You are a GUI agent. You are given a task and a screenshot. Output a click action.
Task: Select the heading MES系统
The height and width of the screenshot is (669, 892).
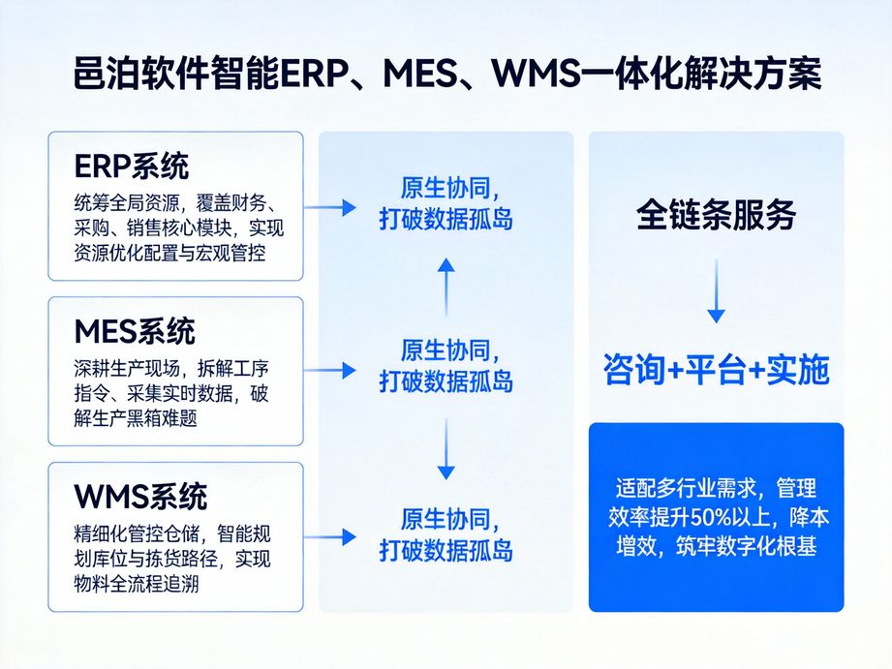click(135, 332)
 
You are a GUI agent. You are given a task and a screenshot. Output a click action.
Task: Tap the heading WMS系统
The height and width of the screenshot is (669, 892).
click(140, 498)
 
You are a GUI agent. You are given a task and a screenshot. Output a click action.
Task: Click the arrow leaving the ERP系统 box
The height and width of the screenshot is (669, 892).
click(330, 206)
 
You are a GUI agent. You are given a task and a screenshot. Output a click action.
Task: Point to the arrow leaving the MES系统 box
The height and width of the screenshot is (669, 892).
click(330, 371)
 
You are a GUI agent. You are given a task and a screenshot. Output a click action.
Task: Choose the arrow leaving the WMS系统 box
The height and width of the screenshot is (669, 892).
click(330, 536)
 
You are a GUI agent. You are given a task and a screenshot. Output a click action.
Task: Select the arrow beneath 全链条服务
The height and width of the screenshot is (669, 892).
click(716, 290)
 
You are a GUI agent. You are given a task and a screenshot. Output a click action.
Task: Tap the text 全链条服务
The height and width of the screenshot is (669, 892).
click(716, 215)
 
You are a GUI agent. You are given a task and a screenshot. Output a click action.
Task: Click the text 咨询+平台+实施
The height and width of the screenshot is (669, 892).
click(716, 371)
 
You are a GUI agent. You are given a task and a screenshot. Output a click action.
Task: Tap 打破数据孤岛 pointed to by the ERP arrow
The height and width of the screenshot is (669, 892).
click(446, 220)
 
